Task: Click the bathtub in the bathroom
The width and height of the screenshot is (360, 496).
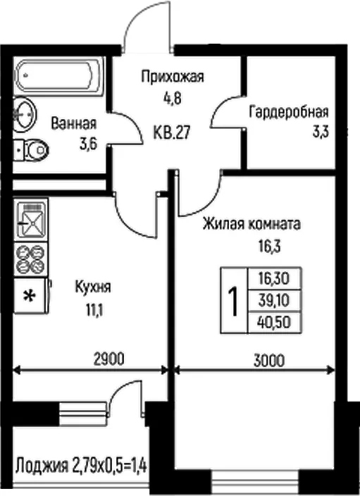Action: [x=59, y=76]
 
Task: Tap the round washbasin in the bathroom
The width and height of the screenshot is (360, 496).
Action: [x=25, y=113]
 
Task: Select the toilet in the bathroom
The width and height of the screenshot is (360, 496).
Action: [x=31, y=149]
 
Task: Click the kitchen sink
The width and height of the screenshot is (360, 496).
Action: [x=31, y=220]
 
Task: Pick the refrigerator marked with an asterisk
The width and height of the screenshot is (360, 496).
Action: [x=31, y=296]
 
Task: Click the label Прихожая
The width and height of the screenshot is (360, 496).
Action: [x=173, y=77]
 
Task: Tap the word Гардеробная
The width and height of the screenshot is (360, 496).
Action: [x=289, y=112]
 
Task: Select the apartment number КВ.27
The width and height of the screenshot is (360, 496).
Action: [x=172, y=132]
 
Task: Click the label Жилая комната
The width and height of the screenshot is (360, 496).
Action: [x=252, y=224]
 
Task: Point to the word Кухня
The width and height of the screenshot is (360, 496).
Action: [x=93, y=287]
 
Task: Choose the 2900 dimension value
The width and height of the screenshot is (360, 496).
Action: [x=109, y=359]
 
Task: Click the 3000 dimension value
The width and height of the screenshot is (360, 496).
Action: [x=269, y=360]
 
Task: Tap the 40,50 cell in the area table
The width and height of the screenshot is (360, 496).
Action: [x=274, y=323]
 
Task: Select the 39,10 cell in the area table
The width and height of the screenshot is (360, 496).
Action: [x=274, y=300]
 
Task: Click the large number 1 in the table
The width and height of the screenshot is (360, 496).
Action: [x=233, y=301]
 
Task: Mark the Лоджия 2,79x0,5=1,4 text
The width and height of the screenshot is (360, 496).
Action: [x=81, y=465]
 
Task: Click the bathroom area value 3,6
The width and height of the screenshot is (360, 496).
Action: [x=88, y=144]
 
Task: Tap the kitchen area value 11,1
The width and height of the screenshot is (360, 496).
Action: [x=94, y=311]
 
